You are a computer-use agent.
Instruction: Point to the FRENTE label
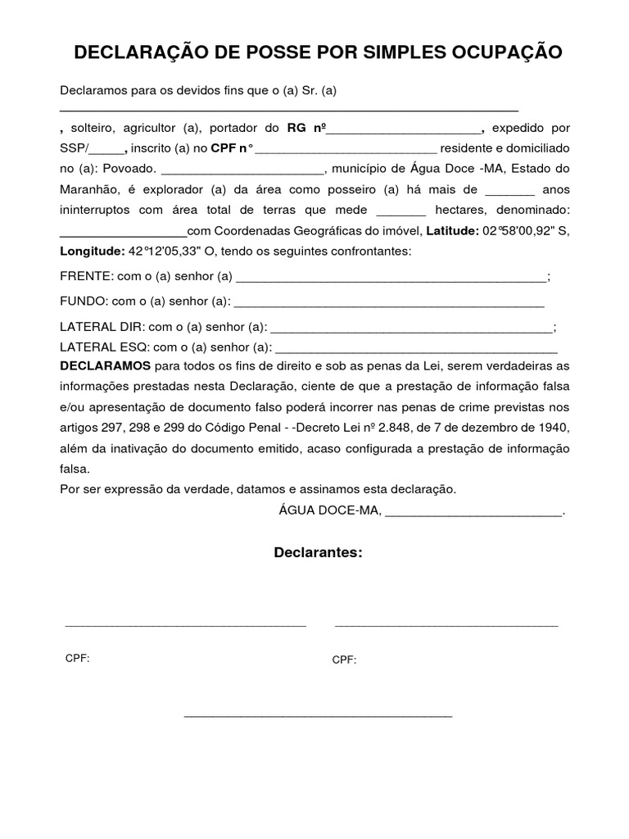click(86, 277)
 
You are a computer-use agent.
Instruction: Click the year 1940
click(552, 427)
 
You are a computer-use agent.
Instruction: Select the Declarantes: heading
click(318, 552)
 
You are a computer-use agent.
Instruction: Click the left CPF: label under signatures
click(77, 659)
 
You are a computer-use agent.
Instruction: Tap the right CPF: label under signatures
click(344, 660)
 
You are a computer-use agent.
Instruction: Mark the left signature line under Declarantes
click(185, 625)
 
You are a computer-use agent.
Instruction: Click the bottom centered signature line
click(318, 716)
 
